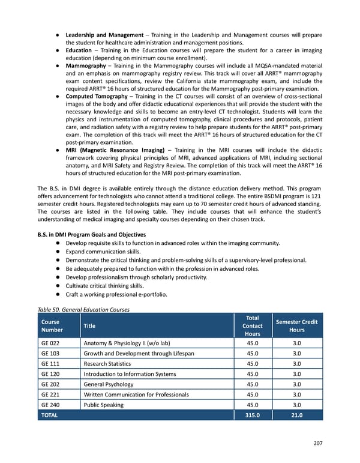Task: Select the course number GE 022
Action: tap(50, 343)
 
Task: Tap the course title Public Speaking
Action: tap(103, 405)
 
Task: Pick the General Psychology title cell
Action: tap(109, 384)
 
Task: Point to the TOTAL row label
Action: tap(50, 415)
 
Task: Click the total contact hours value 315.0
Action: tap(253, 415)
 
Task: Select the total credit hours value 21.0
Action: tap(296, 415)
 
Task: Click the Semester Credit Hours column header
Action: tap(296, 325)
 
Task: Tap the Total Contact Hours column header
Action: tap(253, 325)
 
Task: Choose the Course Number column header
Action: tap(52, 325)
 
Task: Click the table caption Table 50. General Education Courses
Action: tap(83, 309)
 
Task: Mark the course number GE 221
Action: tap(50, 395)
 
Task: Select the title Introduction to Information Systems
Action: tap(130, 374)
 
